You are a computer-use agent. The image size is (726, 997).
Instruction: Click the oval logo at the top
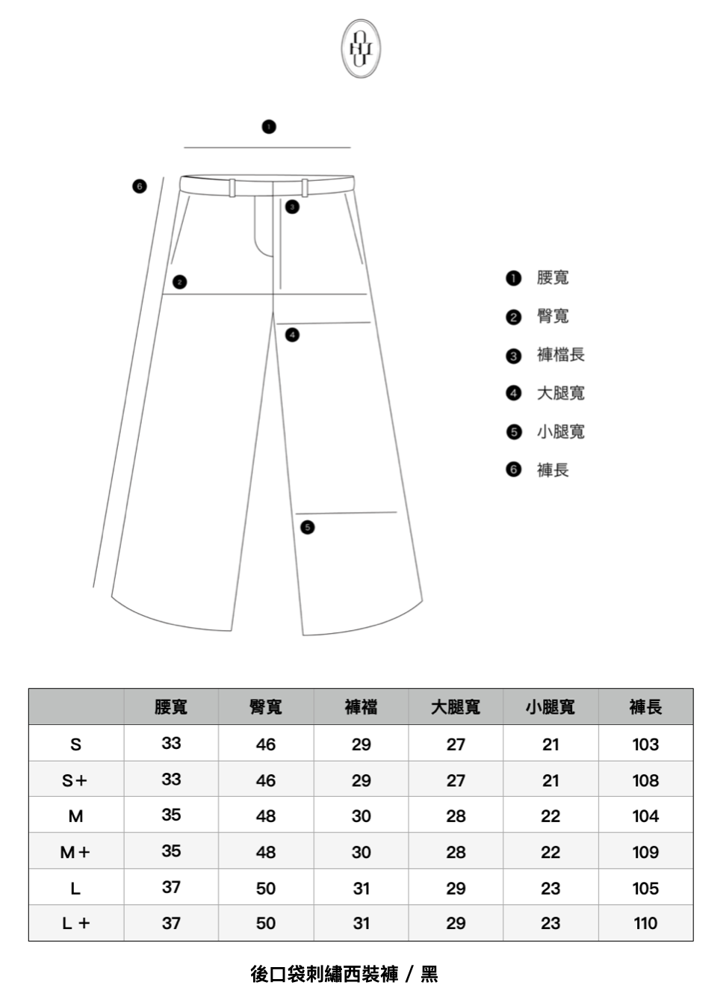(362, 49)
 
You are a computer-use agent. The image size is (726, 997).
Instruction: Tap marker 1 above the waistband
(269, 126)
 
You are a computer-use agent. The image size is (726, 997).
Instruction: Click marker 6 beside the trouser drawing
(139, 186)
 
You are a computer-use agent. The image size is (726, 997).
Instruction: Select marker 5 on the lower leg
(307, 528)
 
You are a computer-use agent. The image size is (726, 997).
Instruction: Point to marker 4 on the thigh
(293, 335)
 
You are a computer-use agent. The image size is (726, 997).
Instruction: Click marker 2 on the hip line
(179, 282)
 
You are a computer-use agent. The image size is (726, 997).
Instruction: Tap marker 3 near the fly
(292, 206)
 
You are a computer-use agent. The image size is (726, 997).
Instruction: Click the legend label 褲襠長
(560, 355)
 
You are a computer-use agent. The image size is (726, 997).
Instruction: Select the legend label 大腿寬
(560, 393)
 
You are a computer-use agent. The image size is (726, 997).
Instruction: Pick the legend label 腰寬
(553, 278)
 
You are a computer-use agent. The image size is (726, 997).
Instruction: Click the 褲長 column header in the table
(645, 707)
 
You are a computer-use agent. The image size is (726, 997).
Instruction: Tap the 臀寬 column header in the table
(266, 707)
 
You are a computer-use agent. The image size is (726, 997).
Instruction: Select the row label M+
(75, 852)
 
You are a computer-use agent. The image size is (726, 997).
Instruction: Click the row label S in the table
(75, 744)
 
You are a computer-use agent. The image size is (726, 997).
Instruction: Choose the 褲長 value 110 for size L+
(645, 924)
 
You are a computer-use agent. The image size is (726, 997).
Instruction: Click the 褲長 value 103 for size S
(645, 744)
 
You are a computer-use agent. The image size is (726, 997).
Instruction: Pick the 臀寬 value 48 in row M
(266, 816)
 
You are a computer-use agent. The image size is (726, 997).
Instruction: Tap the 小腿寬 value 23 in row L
(550, 889)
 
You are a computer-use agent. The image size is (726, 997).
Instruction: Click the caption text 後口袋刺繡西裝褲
(324, 974)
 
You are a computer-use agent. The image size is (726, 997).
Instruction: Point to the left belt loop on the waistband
(232, 188)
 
